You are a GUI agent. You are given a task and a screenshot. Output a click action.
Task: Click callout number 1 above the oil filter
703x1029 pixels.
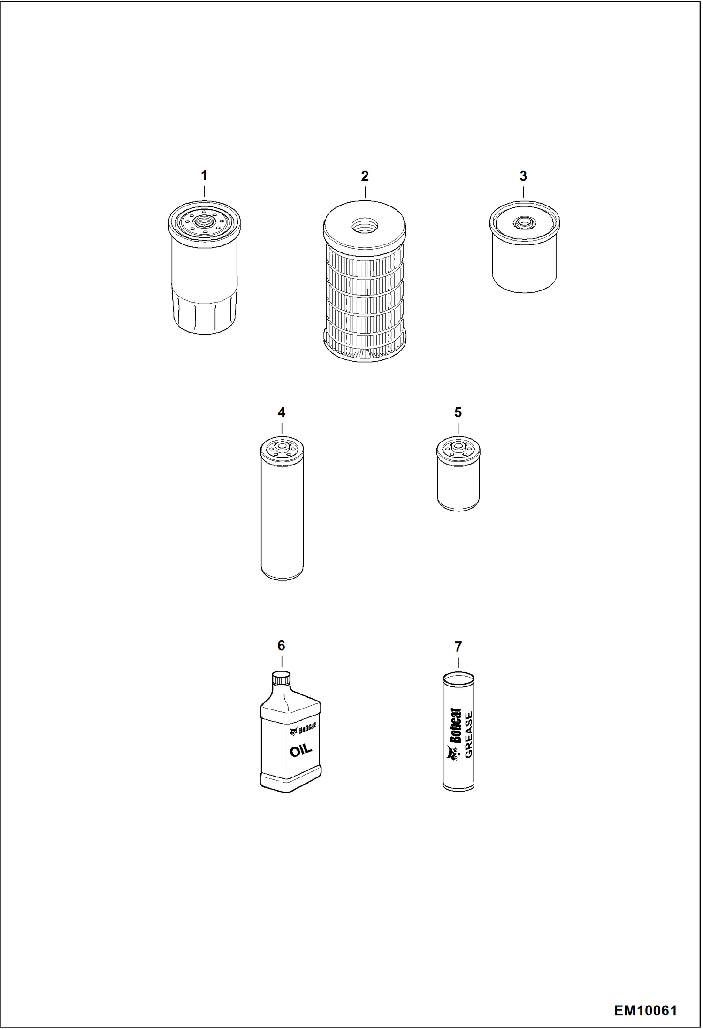tap(204, 175)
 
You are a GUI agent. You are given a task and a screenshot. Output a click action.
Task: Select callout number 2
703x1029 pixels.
tap(365, 176)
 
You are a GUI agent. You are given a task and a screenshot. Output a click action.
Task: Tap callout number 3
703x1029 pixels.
tap(523, 176)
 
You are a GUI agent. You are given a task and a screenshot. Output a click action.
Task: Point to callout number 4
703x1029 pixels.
tap(282, 412)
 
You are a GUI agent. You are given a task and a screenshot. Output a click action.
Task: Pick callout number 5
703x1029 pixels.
tap(458, 412)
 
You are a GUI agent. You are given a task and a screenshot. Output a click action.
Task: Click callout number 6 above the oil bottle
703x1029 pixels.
tap(281, 646)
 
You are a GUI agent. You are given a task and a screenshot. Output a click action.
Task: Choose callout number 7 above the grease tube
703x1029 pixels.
tap(458, 647)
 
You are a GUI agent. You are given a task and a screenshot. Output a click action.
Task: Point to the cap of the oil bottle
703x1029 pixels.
tap(282, 678)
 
